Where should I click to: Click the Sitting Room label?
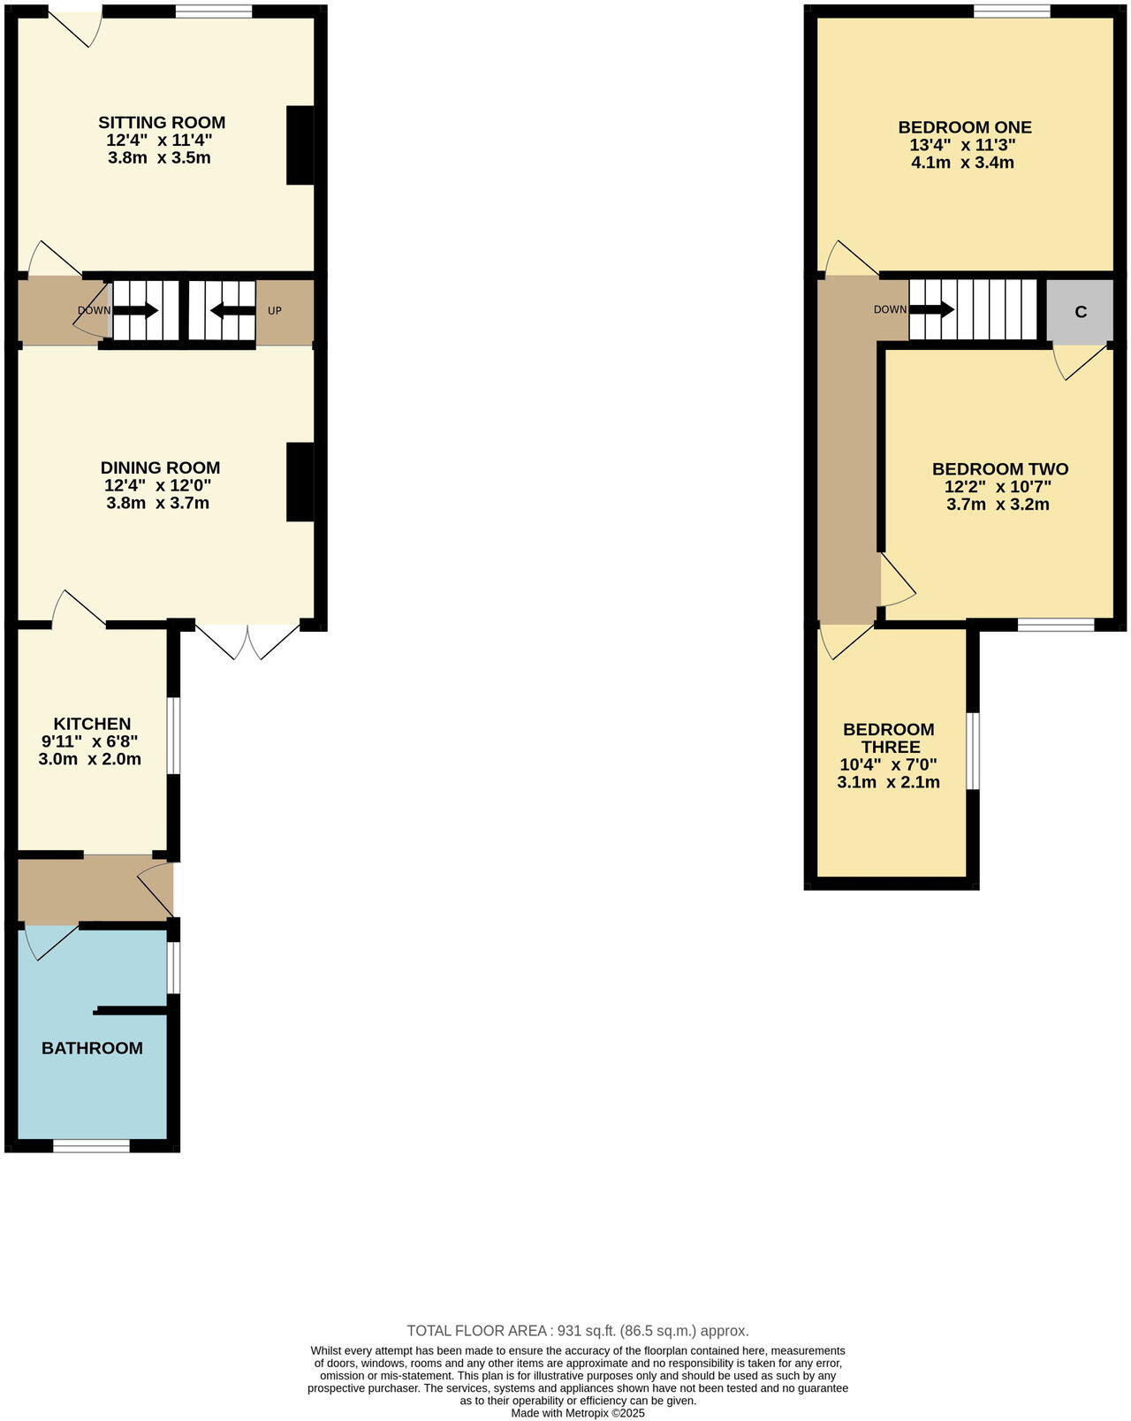pos(162,123)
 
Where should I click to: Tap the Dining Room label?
pos(160,467)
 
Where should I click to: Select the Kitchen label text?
pos(92,724)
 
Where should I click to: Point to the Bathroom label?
pos(92,1048)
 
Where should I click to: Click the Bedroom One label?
pos(965,127)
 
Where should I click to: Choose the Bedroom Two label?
pos(1000,469)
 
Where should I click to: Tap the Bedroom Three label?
pos(889,738)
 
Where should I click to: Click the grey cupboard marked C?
pos(1080,312)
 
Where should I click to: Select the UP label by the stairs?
pos(275,311)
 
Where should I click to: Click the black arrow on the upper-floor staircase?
pos(932,309)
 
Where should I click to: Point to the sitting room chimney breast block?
pos(300,146)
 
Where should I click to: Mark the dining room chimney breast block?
pos(300,482)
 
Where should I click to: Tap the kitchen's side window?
pos(174,736)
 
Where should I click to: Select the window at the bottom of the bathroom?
pos(91,1146)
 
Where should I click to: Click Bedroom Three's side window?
pos(973,750)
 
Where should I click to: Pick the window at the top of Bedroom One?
pos(1013,11)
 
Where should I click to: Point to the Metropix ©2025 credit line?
pos(578,1413)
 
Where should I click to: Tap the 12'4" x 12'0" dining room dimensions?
pos(157,485)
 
